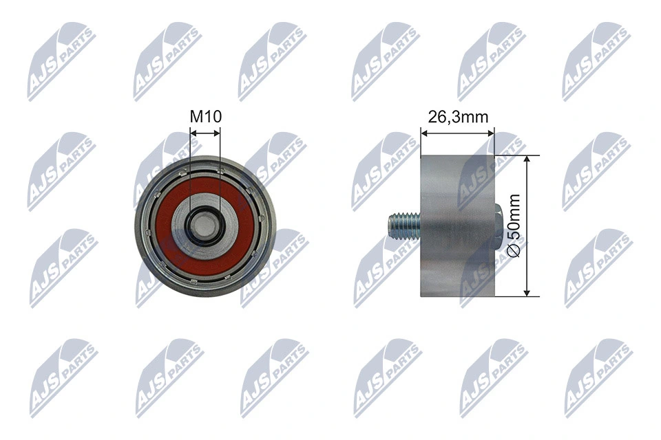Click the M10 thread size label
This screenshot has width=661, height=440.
point(204,117)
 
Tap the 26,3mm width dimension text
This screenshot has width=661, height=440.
point(458,117)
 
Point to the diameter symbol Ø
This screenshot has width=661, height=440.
point(516,252)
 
